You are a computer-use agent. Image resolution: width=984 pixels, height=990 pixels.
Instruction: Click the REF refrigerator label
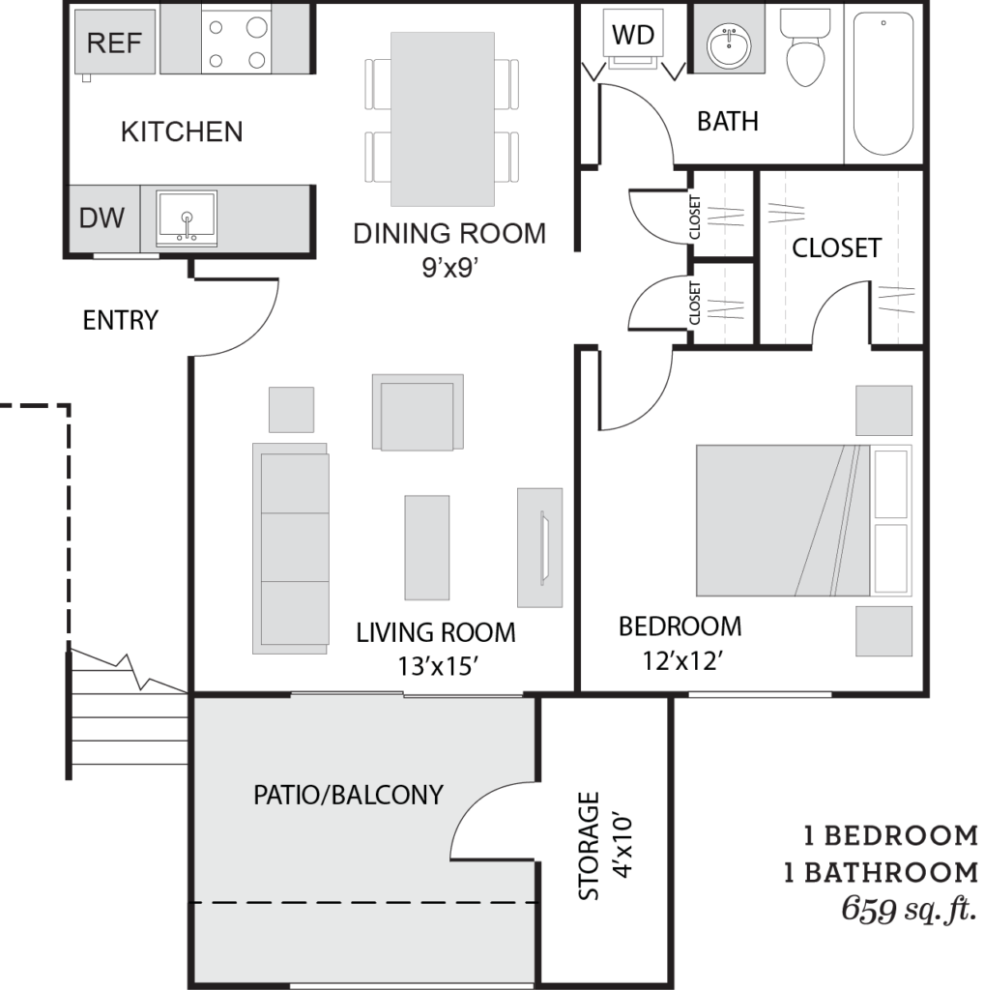tap(114, 43)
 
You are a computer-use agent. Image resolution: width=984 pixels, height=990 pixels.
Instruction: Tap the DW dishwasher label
tap(101, 218)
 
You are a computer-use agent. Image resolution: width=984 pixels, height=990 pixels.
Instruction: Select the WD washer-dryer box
tap(633, 36)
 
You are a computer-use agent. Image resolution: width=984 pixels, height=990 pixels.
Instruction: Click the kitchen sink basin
tap(187, 218)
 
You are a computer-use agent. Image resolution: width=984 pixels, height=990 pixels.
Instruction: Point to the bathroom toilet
tap(805, 47)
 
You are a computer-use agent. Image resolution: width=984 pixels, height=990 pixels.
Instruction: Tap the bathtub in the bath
tap(883, 83)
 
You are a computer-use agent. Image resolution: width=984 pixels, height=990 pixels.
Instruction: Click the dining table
tap(443, 119)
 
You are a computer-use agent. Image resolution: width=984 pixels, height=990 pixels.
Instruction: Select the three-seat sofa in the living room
tap(290, 548)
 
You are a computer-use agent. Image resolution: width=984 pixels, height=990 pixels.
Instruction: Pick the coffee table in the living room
tap(427, 547)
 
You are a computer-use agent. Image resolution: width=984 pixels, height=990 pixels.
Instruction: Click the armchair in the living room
tap(418, 412)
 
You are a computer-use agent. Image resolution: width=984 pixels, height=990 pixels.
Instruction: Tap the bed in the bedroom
tap(803, 521)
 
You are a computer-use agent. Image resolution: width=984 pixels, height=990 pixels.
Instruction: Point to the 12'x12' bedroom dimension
tap(681, 661)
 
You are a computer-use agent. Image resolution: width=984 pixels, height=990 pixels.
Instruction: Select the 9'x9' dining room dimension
tap(449, 269)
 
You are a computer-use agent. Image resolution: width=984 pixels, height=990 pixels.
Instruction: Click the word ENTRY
tap(121, 320)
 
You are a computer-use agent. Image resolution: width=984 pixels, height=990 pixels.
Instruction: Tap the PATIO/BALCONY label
tap(348, 795)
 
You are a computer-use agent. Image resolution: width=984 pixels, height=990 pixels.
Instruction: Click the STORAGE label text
tap(589, 846)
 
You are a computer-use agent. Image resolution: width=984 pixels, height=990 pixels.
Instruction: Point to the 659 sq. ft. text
tap(909, 910)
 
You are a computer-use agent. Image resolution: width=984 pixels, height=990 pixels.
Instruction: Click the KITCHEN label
tap(182, 131)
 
